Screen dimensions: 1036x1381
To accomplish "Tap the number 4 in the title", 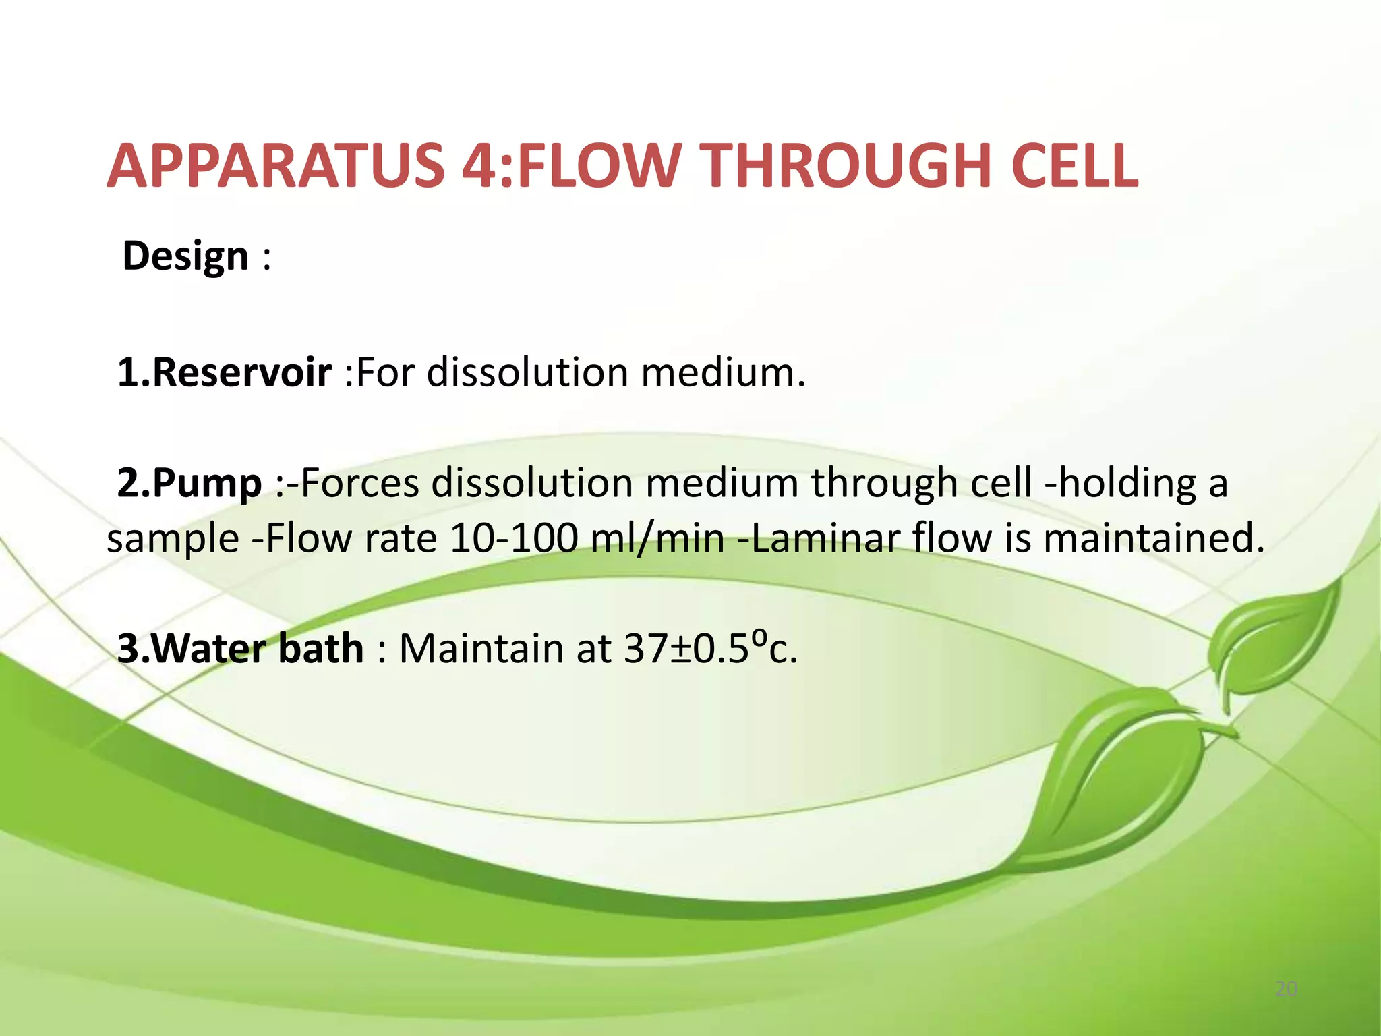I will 482,167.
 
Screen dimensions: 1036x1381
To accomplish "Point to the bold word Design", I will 185,257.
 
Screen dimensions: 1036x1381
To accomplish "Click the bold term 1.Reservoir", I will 224,372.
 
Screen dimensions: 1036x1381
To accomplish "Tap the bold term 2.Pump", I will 189,484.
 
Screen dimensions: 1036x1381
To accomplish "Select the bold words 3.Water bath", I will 240,649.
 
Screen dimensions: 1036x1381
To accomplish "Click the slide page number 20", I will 1286,989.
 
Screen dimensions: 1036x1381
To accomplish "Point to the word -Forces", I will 353,484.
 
